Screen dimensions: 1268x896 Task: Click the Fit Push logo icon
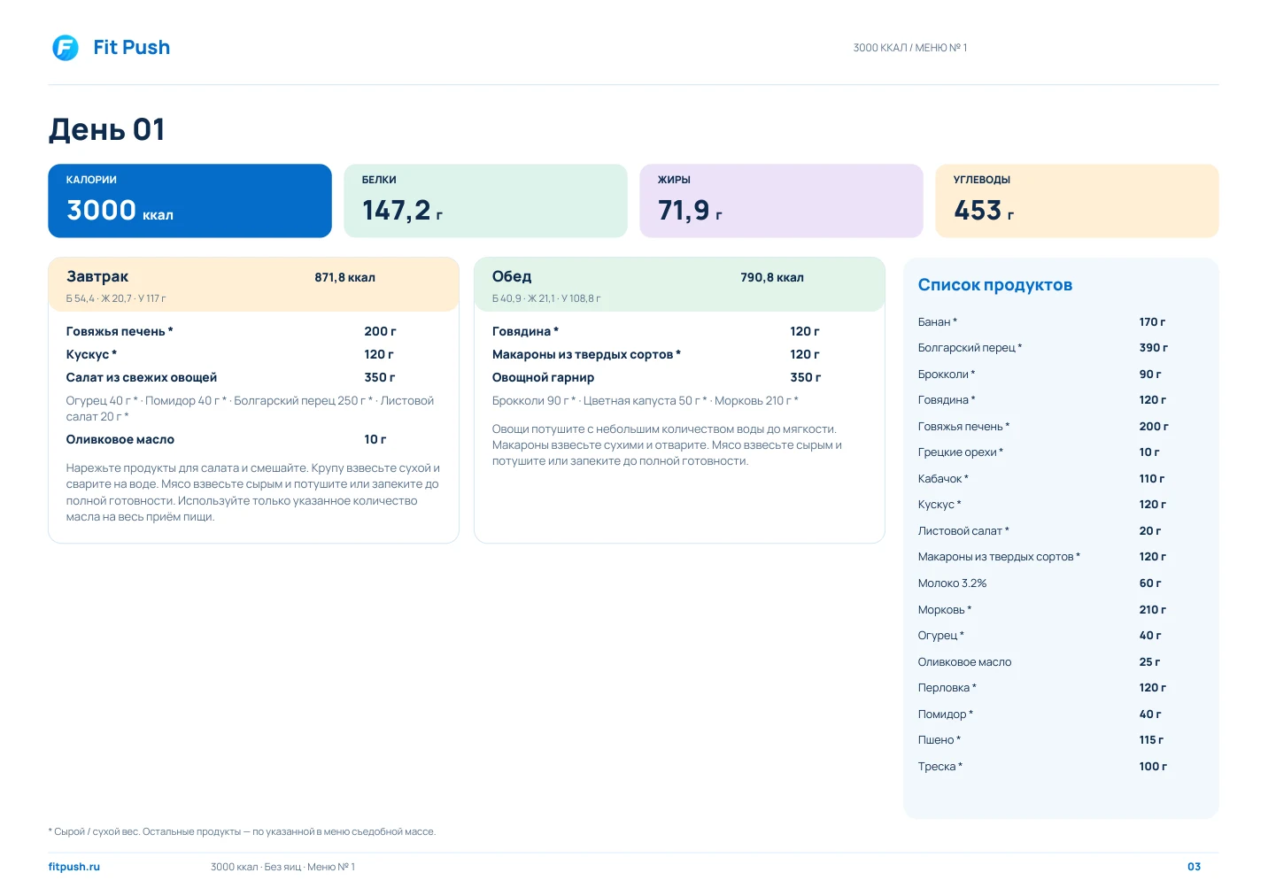pyautogui.click(x=66, y=48)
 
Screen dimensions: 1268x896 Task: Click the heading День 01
pyautogui.click(x=106, y=129)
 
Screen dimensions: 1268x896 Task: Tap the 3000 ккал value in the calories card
pyautogui.click(x=120, y=210)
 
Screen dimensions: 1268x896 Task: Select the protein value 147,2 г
pyautogui.click(x=403, y=210)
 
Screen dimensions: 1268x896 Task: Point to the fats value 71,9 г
pyautogui.click(x=690, y=210)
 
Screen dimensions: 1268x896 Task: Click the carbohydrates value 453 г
pyautogui.click(x=984, y=210)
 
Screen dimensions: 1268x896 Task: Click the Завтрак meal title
pyautogui.click(x=97, y=276)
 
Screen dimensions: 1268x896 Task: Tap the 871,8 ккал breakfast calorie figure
pyautogui.click(x=344, y=277)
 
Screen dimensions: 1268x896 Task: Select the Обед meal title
pyautogui.click(x=512, y=276)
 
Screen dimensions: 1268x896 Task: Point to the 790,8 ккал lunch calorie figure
pyautogui.click(x=772, y=277)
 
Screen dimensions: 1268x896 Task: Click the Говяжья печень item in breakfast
pyautogui.click(x=120, y=331)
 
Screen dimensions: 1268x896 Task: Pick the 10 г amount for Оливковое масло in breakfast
pyautogui.click(x=375, y=439)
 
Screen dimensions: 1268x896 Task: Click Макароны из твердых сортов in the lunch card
pyautogui.click(x=586, y=354)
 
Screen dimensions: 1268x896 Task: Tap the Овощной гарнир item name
pyautogui.click(x=543, y=377)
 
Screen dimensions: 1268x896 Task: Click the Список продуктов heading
pyautogui.click(x=995, y=285)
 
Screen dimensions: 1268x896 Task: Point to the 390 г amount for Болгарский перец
pyautogui.click(x=1154, y=348)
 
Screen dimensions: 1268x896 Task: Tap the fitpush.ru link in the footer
pyautogui.click(x=74, y=867)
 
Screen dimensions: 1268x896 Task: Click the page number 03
pyautogui.click(x=1194, y=867)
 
